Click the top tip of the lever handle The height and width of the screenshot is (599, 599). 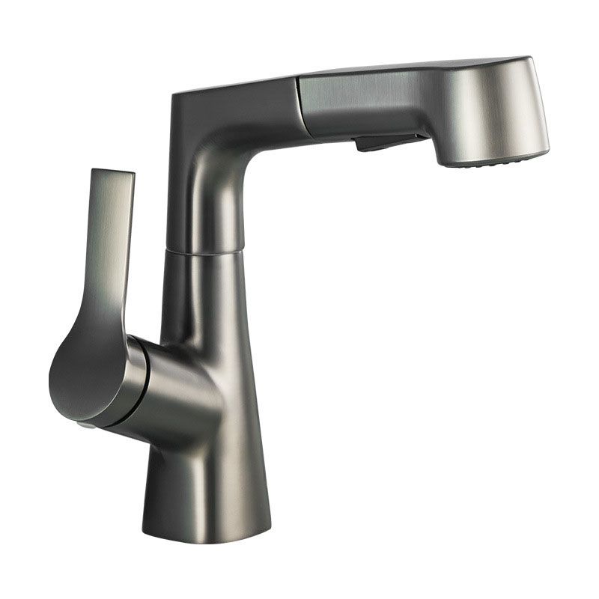pyautogui.click(x=112, y=174)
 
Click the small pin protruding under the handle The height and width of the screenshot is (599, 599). pyautogui.click(x=85, y=425)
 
